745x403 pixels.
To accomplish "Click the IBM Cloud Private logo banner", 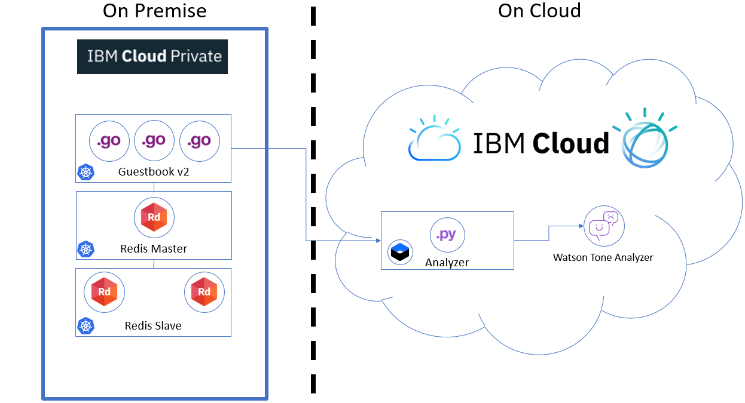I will coord(152,57).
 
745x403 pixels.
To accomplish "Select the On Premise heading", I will coord(154,11).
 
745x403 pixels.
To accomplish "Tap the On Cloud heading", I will coord(539,11).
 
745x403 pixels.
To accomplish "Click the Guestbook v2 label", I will coord(154,173).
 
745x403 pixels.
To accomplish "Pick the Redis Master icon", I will coord(154,218).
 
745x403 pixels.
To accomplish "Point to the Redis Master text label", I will coord(154,249).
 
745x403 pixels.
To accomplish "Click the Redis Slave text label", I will coord(153,326).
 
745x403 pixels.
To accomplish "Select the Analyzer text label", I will coord(447,262).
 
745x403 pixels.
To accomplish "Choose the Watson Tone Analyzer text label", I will coord(603,258).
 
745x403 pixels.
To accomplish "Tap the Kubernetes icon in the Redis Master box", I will coord(87,250).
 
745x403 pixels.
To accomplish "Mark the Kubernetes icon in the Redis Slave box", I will coord(87,326).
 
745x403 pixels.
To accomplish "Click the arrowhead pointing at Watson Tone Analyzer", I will coord(581,226).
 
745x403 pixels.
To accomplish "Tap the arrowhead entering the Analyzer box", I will coord(378,241).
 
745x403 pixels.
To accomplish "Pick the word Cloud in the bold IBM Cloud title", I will coord(570,143).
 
